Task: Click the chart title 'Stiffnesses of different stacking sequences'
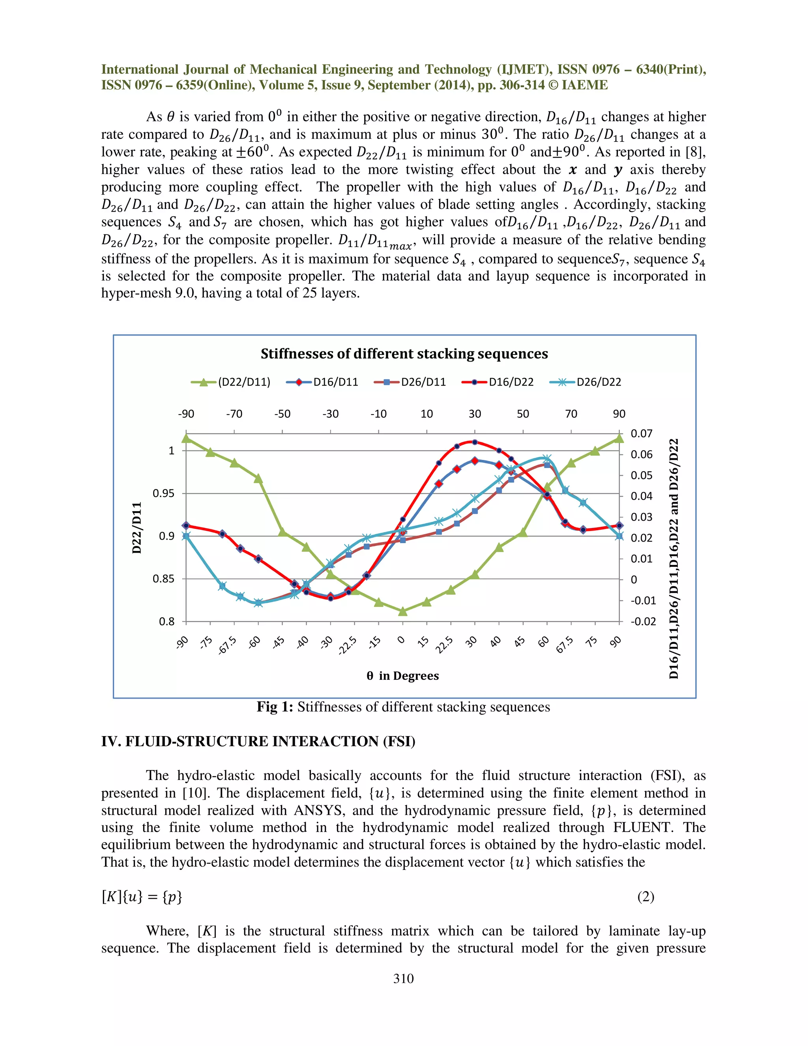pos(404,354)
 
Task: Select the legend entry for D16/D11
pos(335,382)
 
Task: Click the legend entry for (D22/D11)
pos(244,382)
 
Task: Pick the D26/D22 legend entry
pos(599,382)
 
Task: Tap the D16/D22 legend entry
pos(511,382)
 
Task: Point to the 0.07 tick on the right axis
pos(641,434)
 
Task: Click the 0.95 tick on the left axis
pos(164,493)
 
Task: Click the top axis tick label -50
pos(282,414)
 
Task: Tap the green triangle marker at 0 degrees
pos(402,611)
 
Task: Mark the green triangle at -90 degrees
pos(186,438)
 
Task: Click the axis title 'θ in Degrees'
pos(402,676)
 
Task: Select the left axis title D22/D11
pos(137,528)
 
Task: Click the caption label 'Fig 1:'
pos(274,707)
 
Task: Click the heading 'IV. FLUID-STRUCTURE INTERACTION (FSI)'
pos(258,741)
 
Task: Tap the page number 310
pos(403,978)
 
